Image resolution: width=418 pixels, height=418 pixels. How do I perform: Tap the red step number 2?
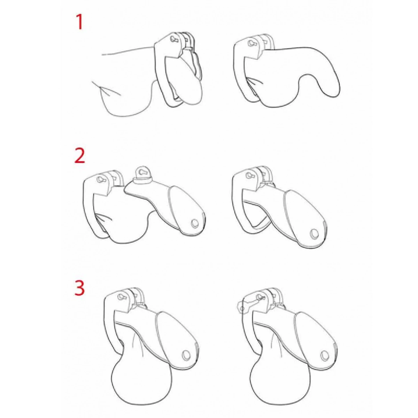tap(80, 155)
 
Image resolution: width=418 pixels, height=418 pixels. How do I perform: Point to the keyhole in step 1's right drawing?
tap(252, 44)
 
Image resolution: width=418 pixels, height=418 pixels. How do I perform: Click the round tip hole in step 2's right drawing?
tap(313, 234)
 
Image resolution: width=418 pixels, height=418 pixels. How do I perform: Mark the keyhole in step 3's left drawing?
tap(121, 296)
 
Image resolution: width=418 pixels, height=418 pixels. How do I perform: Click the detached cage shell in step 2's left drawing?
tap(169, 202)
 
